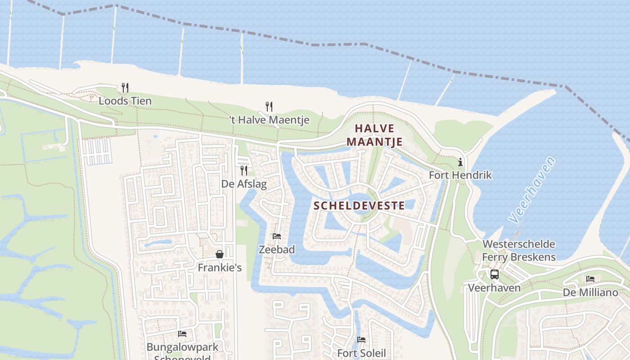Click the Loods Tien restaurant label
click(x=125, y=101)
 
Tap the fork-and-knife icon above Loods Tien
click(x=125, y=87)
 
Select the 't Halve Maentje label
click(x=269, y=120)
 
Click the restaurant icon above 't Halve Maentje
click(x=269, y=107)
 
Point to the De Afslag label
click(x=244, y=184)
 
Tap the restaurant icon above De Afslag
click(x=244, y=170)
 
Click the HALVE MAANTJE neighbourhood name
click(x=374, y=135)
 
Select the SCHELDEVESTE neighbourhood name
click(x=359, y=206)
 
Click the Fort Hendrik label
click(x=460, y=175)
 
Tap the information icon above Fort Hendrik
click(x=460, y=162)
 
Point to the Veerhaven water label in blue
click(x=532, y=189)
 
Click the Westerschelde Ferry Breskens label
click(x=519, y=251)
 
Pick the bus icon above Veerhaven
click(x=495, y=274)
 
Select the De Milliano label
click(x=590, y=292)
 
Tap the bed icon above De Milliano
click(x=590, y=279)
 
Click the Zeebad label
click(x=277, y=249)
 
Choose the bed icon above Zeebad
click(x=277, y=236)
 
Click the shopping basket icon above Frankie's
click(x=220, y=254)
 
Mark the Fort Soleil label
click(x=361, y=353)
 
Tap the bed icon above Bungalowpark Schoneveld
click(x=182, y=333)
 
